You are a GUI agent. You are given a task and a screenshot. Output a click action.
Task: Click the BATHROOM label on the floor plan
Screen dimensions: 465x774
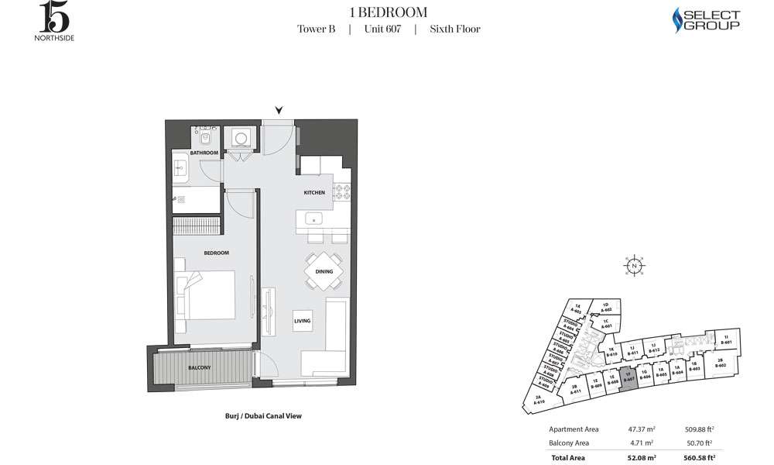point(204,153)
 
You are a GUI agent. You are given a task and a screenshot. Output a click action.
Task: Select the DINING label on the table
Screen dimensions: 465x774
point(324,271)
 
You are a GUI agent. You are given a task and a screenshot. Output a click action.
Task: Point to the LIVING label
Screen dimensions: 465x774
point(302,319)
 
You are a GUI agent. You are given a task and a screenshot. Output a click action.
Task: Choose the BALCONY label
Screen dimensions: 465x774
point(198,367)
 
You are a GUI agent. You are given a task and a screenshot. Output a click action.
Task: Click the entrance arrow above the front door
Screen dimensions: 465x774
point(279,111)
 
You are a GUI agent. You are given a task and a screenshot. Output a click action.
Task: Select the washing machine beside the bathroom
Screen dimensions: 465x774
point(241,138)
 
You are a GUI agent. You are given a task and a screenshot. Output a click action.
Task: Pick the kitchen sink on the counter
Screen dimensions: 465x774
point(314,218)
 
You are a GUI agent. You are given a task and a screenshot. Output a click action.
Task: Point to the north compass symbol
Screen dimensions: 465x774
point(634,265)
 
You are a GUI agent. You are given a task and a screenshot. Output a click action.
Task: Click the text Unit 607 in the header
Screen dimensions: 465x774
point(382,29)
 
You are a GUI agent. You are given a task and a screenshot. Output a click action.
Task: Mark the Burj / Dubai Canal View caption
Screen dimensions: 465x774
point(258,416)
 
